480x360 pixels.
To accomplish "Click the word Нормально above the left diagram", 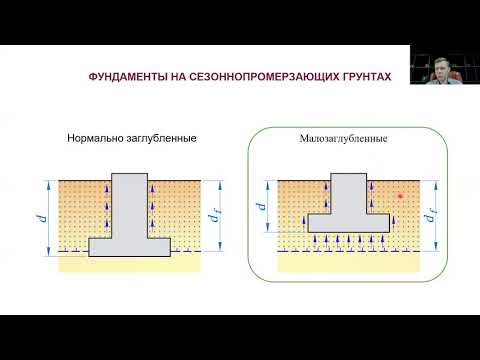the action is pos(97,140).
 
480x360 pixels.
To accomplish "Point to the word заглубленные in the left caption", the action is pos(161,140).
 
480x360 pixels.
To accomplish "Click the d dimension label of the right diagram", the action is pos(260,208).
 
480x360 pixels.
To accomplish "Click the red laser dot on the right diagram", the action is pos(399,196).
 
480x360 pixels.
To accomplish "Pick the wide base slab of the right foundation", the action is pos(345,222).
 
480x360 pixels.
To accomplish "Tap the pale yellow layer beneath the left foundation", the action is pos(129,262).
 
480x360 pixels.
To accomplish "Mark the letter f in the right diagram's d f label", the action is pos(436,216).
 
